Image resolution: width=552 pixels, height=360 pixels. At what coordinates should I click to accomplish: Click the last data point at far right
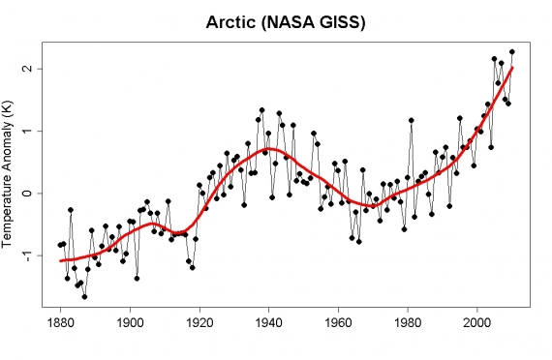pos(512,52)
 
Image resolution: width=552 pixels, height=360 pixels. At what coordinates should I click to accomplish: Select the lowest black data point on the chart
pos(84,296)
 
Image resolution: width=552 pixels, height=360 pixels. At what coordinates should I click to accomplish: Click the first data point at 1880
pos(60,245)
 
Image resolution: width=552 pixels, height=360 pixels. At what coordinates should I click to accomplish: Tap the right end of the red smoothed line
pos(512,68)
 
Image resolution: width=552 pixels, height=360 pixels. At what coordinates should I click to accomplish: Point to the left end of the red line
pos(60,260)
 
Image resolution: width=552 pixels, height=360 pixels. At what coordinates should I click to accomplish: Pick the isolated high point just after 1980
pos(412,120)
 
